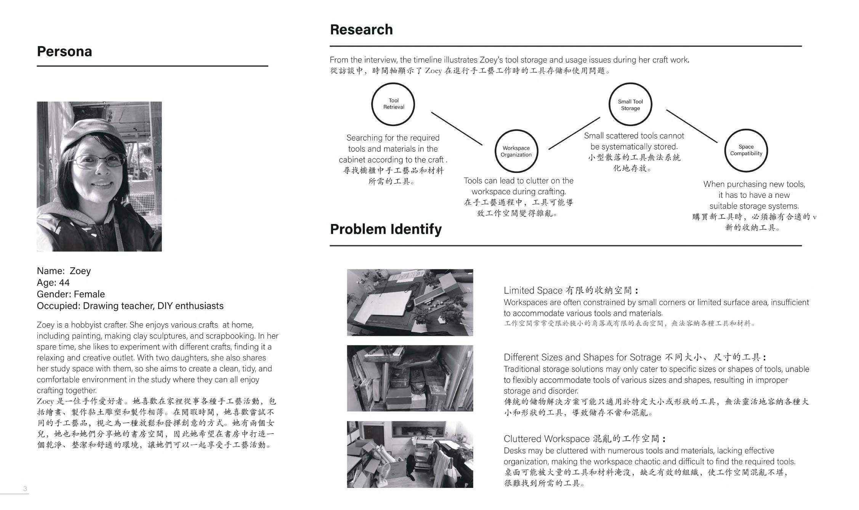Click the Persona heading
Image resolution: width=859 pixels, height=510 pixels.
64,51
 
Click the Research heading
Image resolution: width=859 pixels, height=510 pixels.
361,30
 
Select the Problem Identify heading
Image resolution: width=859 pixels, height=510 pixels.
386,229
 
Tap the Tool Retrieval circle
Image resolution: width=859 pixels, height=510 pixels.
393,104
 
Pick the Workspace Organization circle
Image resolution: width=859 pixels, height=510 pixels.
516,151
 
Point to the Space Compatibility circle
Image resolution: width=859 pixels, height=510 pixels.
746,150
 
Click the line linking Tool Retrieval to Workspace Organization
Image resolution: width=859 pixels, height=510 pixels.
457,128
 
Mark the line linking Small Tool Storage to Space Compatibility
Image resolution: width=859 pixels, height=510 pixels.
691,126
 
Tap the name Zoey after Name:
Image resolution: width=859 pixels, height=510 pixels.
80,271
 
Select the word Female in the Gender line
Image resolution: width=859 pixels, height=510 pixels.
89,294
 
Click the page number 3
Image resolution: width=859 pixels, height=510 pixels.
25,489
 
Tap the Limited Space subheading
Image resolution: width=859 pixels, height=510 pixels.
532,290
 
